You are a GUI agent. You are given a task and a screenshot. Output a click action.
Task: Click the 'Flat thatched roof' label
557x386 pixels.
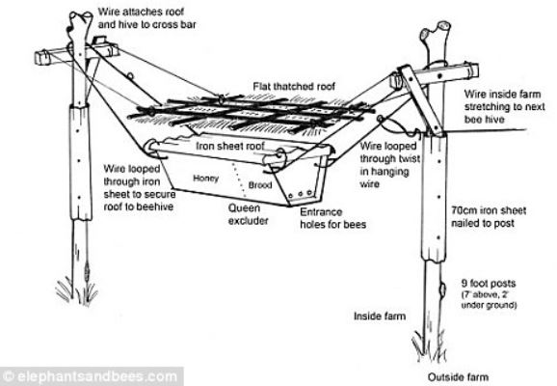tap(294, 87)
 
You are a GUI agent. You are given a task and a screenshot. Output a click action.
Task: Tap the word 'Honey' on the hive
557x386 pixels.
tap(205, 179)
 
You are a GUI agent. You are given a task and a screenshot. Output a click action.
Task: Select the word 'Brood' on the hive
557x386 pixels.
tap(260, 185)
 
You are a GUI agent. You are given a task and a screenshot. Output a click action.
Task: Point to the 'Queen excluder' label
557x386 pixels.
tap(249, 214)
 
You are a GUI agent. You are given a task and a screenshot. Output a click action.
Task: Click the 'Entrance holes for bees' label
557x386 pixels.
tap(332, 218)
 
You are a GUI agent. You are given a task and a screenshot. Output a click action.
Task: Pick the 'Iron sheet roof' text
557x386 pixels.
tap(230, 146)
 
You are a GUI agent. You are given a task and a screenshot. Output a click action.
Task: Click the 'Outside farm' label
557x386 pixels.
tap(458, 376)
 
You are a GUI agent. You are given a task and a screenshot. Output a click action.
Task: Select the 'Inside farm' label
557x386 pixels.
tap(380, 316)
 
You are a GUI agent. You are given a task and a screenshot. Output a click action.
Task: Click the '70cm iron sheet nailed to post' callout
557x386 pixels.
tap(489, 216)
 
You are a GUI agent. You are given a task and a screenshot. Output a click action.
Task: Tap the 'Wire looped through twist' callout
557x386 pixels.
tap(389, 165)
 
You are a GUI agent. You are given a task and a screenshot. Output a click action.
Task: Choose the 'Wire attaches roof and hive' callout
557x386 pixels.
tap(146, 18)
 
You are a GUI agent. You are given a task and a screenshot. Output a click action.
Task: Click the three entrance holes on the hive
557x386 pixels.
tap(301, 194)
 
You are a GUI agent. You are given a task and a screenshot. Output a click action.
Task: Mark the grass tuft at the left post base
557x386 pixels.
tap(76, 289)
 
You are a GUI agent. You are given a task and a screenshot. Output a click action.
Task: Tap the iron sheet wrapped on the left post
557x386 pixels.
tap(80, 162)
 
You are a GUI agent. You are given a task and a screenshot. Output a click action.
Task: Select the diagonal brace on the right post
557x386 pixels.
tap(421, 100)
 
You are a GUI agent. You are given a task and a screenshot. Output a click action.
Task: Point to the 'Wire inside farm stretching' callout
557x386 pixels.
tap(504, 107)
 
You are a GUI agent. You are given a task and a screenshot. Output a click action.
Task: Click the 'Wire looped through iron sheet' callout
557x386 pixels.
tap(139, 187)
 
